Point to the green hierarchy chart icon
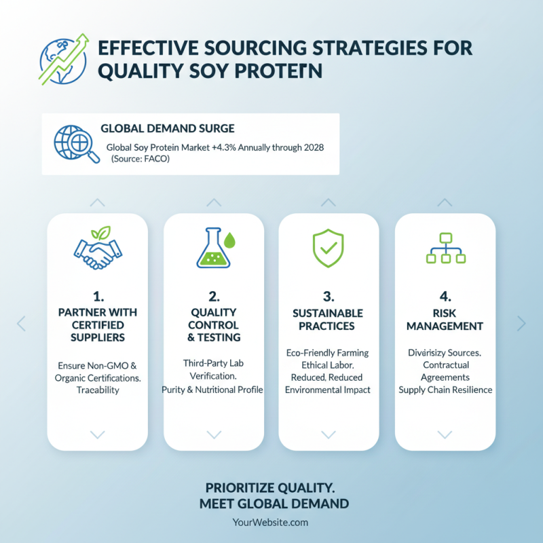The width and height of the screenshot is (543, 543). click(x=445, y=248)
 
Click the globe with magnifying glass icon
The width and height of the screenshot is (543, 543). click(x=71, y=143)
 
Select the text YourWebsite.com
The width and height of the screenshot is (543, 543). click(x=271, y=522)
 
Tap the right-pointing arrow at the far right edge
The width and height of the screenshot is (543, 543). click(x=521, y=323)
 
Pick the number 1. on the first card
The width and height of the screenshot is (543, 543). click(x=97, y=296)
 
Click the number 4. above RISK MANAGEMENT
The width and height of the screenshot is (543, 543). click(x=445, y=296)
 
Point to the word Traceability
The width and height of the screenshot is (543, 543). click(x=97, y=390)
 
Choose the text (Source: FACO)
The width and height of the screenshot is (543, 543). click(x=140, y=159)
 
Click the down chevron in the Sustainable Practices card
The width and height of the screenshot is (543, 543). click(x=329, y=434)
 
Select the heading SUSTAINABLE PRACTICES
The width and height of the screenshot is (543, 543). click(x=329, y=319)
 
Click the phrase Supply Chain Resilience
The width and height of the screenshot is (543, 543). click(x=445, y=390)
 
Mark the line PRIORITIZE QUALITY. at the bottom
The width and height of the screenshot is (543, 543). click(x=271, y=488)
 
